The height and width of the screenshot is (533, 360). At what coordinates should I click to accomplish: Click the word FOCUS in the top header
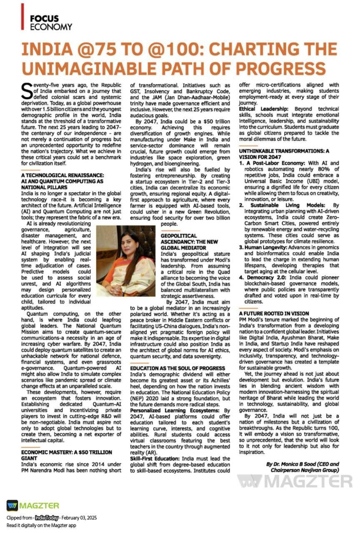point(44,19)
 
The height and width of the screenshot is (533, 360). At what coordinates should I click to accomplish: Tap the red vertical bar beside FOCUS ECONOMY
point(22,17)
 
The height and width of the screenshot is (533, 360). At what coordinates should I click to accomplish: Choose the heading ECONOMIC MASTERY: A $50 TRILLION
point(66,452)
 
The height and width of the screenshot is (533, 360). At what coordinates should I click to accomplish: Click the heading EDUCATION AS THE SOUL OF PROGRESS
point(177,369)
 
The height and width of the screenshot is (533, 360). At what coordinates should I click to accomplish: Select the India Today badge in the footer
point(47,518)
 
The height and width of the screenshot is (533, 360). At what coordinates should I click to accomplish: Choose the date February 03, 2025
point(80,518)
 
